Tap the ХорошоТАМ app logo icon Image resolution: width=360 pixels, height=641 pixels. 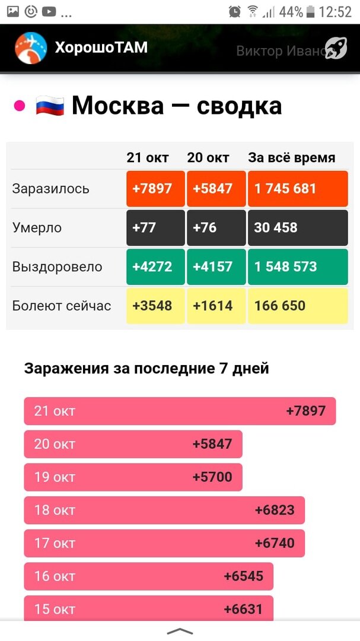(31, 48)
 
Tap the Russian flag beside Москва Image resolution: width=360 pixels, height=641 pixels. (50, 106)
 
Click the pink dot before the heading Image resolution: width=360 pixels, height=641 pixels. (19, 106)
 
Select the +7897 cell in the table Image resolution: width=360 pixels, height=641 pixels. (155, 189)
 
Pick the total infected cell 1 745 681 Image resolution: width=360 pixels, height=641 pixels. (297, 189)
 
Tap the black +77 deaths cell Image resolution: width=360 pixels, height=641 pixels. (155, 228)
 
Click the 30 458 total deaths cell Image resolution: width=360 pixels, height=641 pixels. (297, 228)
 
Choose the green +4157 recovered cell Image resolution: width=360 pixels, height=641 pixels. (216, 267)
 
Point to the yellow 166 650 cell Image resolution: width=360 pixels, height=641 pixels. (297, 306)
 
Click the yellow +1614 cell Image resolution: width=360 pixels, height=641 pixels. (216, 306)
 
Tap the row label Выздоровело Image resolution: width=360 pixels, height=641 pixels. (57, 267)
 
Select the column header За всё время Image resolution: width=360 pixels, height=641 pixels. (291, 158)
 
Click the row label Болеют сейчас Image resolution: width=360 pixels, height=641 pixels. (62, 306)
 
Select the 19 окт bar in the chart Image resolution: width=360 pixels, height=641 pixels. (133, 477)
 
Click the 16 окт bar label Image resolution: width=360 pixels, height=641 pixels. (55, 576)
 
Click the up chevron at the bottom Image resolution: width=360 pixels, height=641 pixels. (180, 631)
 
